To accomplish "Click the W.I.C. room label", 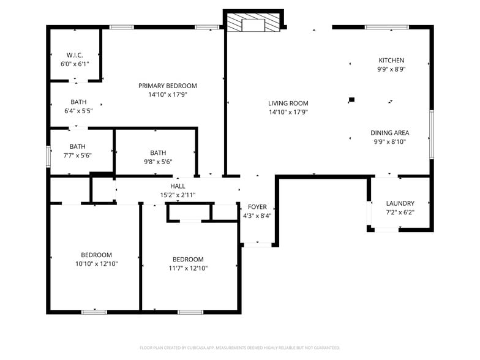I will [75, 55].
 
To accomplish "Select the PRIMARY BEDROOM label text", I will [167, 86].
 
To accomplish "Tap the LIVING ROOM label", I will [288, 103].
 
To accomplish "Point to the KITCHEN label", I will [391, 60].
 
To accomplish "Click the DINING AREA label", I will [389, 133].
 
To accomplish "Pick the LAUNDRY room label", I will [400, 203].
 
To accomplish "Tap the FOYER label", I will [257, 207].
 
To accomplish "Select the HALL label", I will [178, 186].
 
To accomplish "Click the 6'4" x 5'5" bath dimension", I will [78, 111].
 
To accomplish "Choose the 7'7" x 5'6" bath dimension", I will [77, 156].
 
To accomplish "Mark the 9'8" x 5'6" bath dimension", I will [158, 162].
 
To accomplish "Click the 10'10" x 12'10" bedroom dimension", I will [96, 264].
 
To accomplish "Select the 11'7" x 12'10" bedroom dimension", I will [188, 268].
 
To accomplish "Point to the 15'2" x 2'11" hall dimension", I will [178, 195].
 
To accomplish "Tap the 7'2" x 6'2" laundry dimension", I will [400, 212].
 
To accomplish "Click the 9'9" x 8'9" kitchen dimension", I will [391, 69].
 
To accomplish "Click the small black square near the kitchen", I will [351, 100].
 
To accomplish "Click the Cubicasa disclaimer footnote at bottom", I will [240, 348].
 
